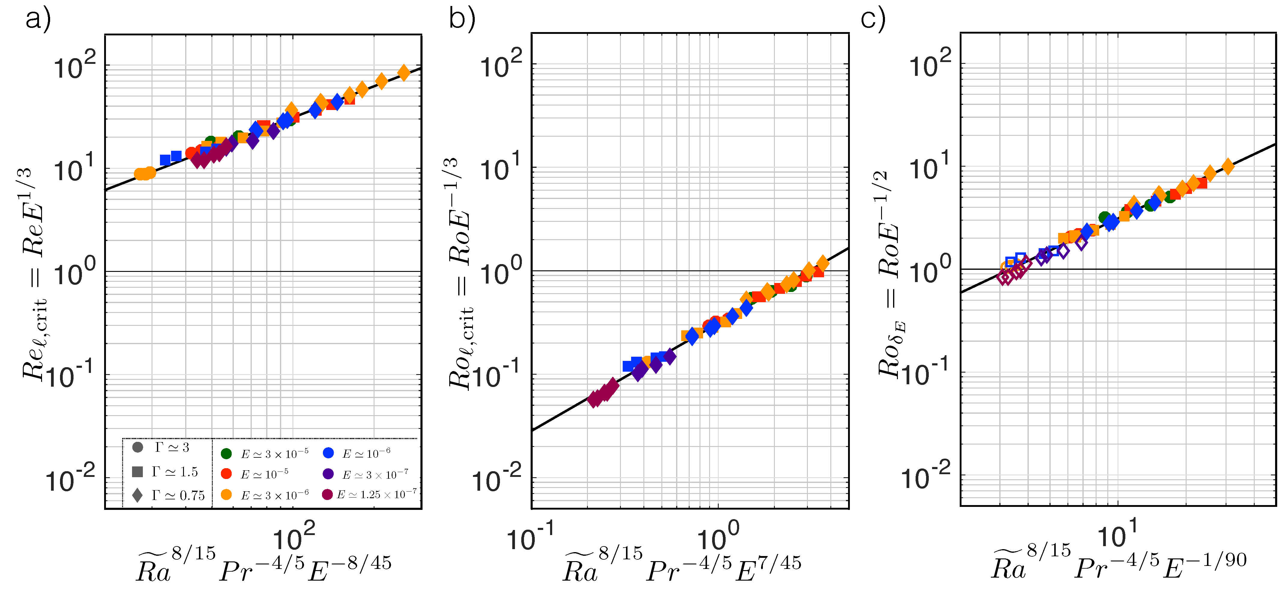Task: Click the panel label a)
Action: tap(38, 20)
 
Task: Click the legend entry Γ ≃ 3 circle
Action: tap(138, 447)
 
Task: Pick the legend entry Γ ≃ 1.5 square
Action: tap(138, 472)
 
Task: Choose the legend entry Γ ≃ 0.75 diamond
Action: tap(138, 495)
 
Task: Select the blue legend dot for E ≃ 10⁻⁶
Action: tap(328, 453)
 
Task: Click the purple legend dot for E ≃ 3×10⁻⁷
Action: tap(328, 473)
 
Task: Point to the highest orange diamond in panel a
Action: tap(404, 73)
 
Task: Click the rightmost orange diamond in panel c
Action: tap(1228, 166)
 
